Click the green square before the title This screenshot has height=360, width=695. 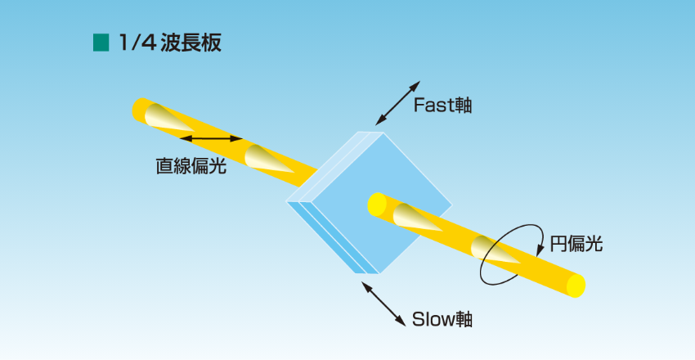point(101,43)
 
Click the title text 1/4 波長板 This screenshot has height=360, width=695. point(168,43)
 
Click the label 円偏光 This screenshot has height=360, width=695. point(576,244)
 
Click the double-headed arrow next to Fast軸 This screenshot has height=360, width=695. point(395,103)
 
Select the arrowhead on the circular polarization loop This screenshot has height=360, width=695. point(540,236)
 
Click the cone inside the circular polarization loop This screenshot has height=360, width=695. point(495,253)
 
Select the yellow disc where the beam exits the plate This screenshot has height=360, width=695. point(376,202)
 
